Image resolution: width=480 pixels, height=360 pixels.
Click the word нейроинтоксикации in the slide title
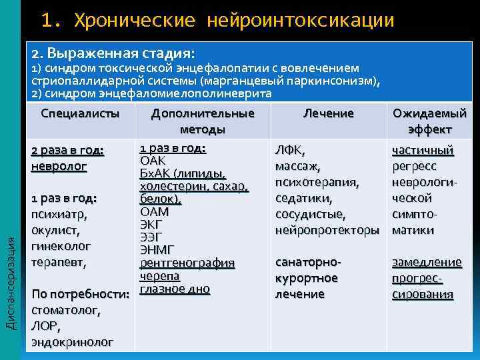pyautogui.click(x=301, y=20)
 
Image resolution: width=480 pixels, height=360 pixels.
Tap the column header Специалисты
pyautogui.click(x=80, y=113)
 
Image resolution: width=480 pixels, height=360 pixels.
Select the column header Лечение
pyautogui.click(x=328, y=113)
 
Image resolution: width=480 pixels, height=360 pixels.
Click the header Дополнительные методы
pyautogui.click(x=203, y=121)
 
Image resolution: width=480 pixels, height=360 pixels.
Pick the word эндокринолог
pyautogui.click(x=72, y=342)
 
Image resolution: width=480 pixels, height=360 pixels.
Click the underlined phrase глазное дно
pyautogui.click(x=175, y=289)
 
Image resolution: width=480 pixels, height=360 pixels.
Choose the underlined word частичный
pyautogui.click(x=423, y=150)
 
